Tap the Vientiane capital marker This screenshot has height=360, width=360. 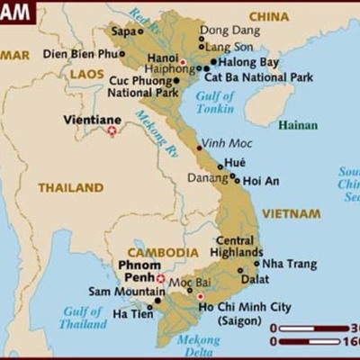(x=112, y=130)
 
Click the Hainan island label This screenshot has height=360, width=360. (x=298, y=125)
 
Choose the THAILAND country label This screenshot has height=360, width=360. (x=70, y=188)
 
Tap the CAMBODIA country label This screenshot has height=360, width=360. (x=163, y=253)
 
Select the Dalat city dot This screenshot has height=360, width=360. (x=240, y=270)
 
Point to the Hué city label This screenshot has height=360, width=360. (x=235, y=162)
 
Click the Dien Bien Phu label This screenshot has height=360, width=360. (x=81, y=54)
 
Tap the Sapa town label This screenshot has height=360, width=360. (x=125, y=31)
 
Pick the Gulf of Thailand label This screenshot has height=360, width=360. (x=83, y=318)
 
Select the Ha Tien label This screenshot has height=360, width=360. (x=132, y=314)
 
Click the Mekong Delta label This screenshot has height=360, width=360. (x=198, y=346)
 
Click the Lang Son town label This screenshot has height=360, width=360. (x=229, y=46)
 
